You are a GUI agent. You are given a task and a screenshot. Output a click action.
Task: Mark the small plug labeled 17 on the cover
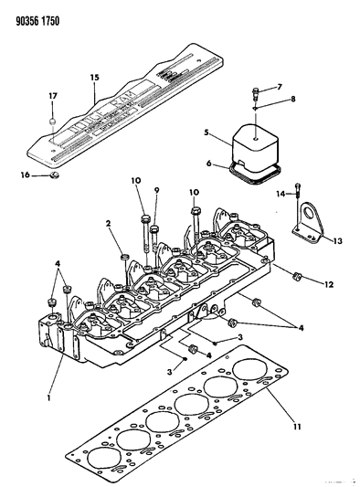click(x=54, y=120)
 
